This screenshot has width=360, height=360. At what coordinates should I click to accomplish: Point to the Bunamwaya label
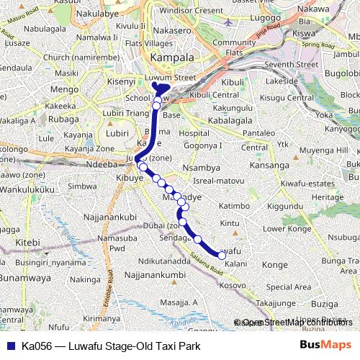coord(22,277)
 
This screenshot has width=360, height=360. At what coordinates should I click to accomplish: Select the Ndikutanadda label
coord(164,261)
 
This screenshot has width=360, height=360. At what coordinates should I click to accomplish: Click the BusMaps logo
coord(325,346)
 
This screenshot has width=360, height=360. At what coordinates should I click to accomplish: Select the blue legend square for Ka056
coord(11,346)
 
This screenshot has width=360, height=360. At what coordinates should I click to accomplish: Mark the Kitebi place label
coord(28,243)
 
